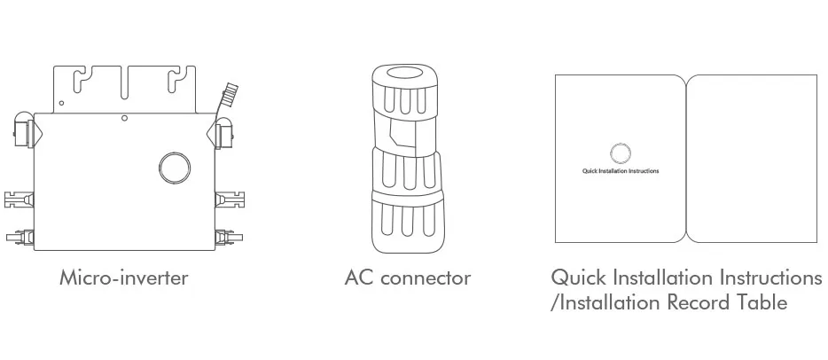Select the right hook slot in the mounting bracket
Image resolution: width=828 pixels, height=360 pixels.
pos(176,82)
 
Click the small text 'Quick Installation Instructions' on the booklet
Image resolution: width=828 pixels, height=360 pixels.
pos(621,169)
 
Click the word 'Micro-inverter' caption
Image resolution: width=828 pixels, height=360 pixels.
pos(124,278)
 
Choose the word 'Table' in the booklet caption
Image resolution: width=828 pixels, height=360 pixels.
pos(761,302)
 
